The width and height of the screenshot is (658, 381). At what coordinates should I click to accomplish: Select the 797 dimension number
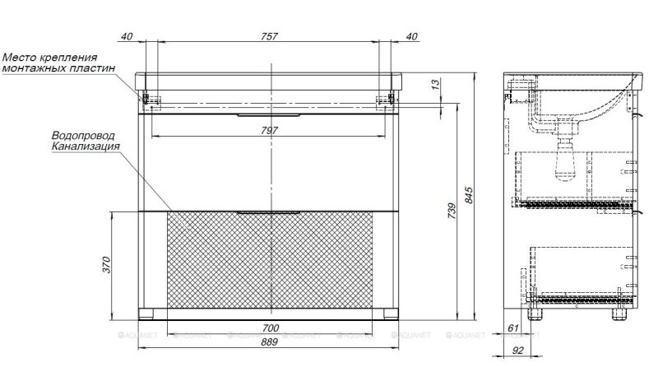[271, 130]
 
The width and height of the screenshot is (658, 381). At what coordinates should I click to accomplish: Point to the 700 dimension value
[271, 328]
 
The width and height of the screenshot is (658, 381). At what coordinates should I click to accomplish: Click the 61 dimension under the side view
[514, 329]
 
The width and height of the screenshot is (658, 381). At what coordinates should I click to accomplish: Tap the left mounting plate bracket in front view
[152, 100]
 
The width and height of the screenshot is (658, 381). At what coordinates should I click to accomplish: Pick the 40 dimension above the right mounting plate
[411, 36]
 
